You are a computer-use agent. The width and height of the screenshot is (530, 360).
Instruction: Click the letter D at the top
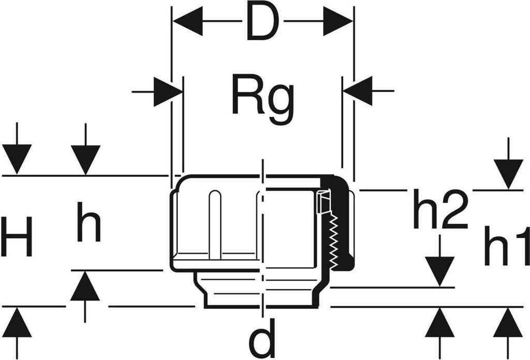click(262, 22)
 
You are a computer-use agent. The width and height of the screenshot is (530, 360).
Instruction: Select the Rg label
click(262, 98)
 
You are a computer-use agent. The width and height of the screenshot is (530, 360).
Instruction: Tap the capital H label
click(17, 237)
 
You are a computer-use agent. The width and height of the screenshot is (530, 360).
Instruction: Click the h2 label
click(440, 209)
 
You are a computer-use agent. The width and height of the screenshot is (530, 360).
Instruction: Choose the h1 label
click(506, 246)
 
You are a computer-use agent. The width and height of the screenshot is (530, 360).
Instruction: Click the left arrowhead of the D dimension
click(187, 22)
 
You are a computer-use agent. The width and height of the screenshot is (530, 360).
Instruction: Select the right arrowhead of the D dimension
click(337, 22)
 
